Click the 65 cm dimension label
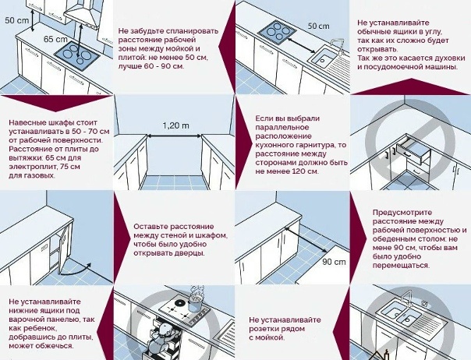(55, 38)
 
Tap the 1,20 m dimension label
(175, 125)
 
